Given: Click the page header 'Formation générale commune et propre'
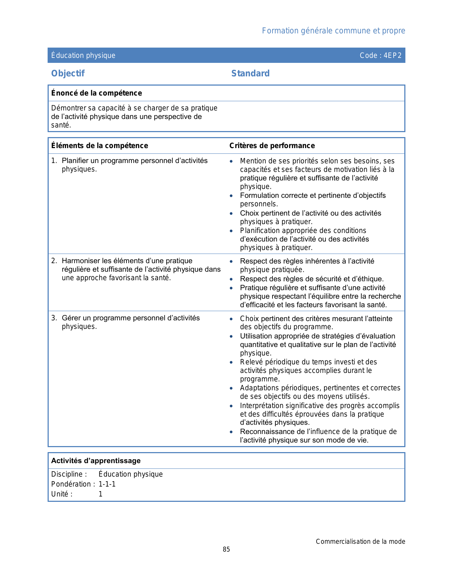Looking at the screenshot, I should point(333,31).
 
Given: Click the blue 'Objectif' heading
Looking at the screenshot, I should point(68,74).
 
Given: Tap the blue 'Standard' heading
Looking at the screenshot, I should point(250,74).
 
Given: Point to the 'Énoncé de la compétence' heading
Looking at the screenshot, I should point(96,93).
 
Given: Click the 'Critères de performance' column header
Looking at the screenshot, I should point(272,146).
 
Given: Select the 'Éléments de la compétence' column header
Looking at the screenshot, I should point(99,146).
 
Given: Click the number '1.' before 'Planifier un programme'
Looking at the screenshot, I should point(54,161).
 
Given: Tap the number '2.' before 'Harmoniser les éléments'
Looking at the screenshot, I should point(54,261).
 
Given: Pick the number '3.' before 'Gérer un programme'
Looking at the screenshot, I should point(54,318).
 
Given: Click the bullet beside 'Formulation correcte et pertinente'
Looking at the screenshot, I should point(231,196).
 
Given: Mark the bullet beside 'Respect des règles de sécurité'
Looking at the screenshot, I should point(231,279).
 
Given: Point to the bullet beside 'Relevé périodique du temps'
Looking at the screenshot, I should point(231,362).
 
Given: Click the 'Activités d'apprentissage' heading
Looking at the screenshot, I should point(96,461).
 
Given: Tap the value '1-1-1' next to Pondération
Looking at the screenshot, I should point(107,484).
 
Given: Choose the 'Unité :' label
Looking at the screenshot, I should point(62,494).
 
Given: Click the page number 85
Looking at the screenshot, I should point(226,549).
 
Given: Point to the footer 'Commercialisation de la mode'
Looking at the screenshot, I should point(360,542).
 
